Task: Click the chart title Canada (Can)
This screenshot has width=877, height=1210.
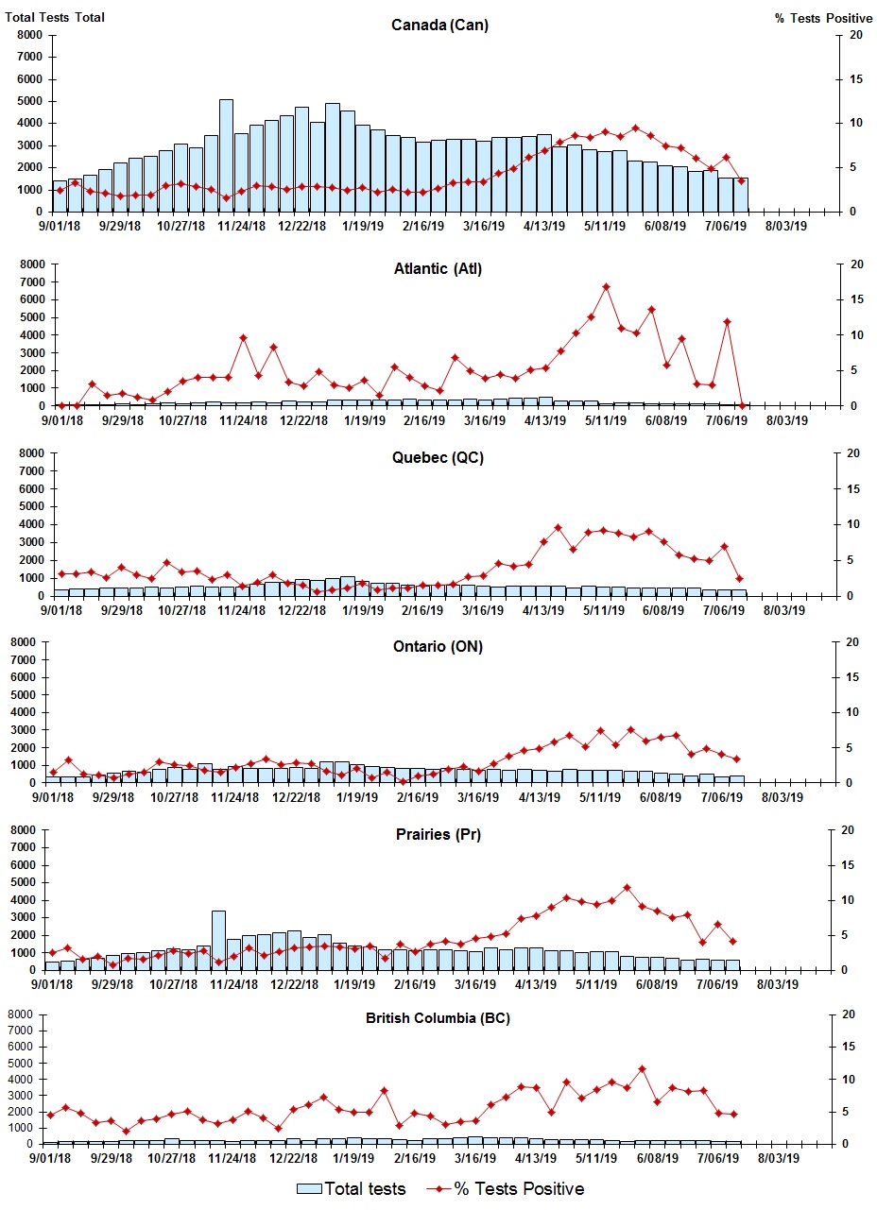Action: pyautogui.click(x=439, y=25)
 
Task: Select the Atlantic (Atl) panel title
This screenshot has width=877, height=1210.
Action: pyautogui.click(x=438, y=269)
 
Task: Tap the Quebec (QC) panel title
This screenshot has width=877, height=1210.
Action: pyautogui.click(x=438, y=458)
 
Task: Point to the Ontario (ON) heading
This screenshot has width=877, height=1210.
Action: pyautogui.click(x=438, y=647)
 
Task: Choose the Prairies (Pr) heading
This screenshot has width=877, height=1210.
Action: pyautogui.click(x=438, y=835)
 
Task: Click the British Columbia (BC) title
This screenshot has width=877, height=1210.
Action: pyautogui.click(x=438, y=1018)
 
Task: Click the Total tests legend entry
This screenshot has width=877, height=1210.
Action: pyautogui.click(x=352, y=1188)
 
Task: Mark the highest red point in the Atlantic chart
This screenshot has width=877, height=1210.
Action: pyautogui.click(x=606, y=287)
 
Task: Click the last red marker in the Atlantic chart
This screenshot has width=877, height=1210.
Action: pyautogui.click(x=742, y=405)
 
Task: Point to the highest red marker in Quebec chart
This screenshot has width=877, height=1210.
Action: pyautogui.click(x=558, y=528)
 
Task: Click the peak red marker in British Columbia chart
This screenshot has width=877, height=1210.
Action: pyautogui.click(x=642, y=1069)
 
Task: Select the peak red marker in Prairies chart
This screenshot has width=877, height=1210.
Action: pyautogui.click(x=627, y=888)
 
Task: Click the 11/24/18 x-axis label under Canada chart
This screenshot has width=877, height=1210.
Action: pyautogui.click(x=242, y=227)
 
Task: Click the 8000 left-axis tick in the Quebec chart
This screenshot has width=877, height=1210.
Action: pyautogui.click(x=31, y=453)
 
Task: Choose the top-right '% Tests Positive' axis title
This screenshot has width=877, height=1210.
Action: pyautogui.click(x=823, y=18)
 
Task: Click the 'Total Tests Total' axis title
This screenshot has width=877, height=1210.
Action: pyautogui.click(x=55, y=18)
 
